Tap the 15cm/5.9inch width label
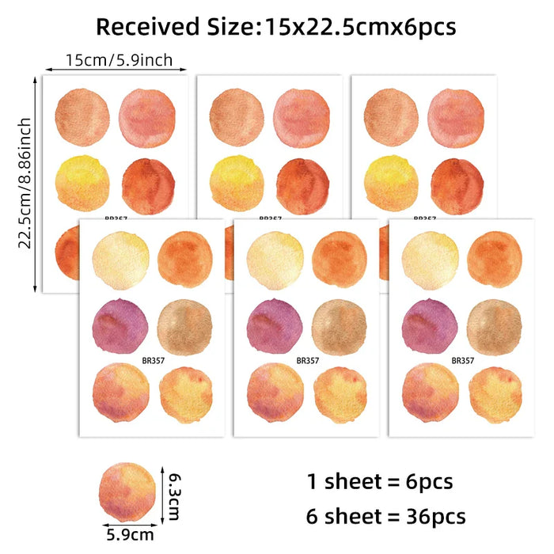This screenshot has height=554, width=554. (119, 59)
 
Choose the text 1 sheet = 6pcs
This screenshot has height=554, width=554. (380, 480)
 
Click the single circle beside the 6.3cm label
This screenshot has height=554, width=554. (127, 492)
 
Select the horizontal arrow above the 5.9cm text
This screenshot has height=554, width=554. (127, 523)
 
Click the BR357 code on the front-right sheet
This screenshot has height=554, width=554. (462, 360)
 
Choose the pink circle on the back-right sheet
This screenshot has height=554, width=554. (455, 119)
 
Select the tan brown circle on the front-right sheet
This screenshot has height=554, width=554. (494, 325)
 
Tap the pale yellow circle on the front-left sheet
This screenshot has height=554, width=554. (120, 259)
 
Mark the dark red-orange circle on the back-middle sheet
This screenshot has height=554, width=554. (303, 186)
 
